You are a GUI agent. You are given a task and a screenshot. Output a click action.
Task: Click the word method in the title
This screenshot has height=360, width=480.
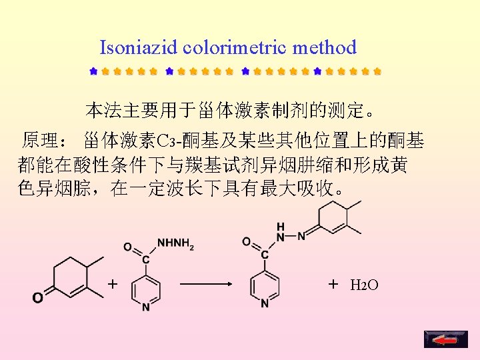point(323,48)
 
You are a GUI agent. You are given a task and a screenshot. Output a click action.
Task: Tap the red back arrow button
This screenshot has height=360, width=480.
point(441,339)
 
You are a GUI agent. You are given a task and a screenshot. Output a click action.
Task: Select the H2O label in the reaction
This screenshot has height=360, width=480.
point(365,286)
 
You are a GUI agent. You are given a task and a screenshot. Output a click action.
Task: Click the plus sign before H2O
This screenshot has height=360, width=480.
point(333,285)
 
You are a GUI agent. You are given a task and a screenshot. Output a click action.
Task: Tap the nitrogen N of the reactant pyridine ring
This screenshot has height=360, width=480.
point(145,308)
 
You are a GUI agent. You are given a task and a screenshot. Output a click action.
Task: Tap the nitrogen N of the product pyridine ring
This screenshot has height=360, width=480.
point(265,304)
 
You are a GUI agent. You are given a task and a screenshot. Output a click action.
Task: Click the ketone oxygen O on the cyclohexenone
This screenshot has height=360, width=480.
point(38,297)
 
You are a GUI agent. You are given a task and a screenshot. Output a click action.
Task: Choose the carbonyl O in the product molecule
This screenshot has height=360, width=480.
point(247,241)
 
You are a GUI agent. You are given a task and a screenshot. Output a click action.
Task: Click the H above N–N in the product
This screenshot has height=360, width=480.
point(280,226)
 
